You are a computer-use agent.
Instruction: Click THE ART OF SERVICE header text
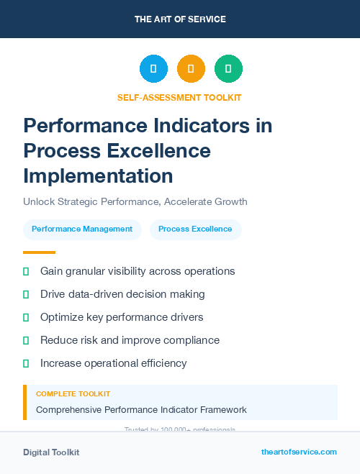[180, 19]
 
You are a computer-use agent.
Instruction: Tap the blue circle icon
[153, 68]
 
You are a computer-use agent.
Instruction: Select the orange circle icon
[191, 68]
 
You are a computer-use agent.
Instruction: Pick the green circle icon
[228, 68]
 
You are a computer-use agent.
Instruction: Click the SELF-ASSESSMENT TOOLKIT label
[179, 97]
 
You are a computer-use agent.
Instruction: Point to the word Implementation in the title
[98, 176]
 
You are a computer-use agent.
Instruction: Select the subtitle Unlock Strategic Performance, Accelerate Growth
[135, 201]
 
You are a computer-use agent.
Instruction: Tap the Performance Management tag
[82, 229]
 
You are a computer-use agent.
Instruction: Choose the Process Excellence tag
[195, 229]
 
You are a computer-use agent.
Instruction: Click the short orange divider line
[39, 252]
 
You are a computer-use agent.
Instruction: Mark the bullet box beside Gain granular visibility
[26, 271]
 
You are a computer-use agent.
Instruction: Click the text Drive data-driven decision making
[122, 294]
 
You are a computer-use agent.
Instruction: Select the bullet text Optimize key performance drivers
[122, 317]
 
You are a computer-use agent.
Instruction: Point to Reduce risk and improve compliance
[130, 340]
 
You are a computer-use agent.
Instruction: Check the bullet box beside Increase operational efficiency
[26, 363]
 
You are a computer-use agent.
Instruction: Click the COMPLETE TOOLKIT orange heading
[73, 394]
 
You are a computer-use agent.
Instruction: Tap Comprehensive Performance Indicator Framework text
[141, 410]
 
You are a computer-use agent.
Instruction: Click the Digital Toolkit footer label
[51, 452]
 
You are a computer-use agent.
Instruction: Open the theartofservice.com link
[299, 452]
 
